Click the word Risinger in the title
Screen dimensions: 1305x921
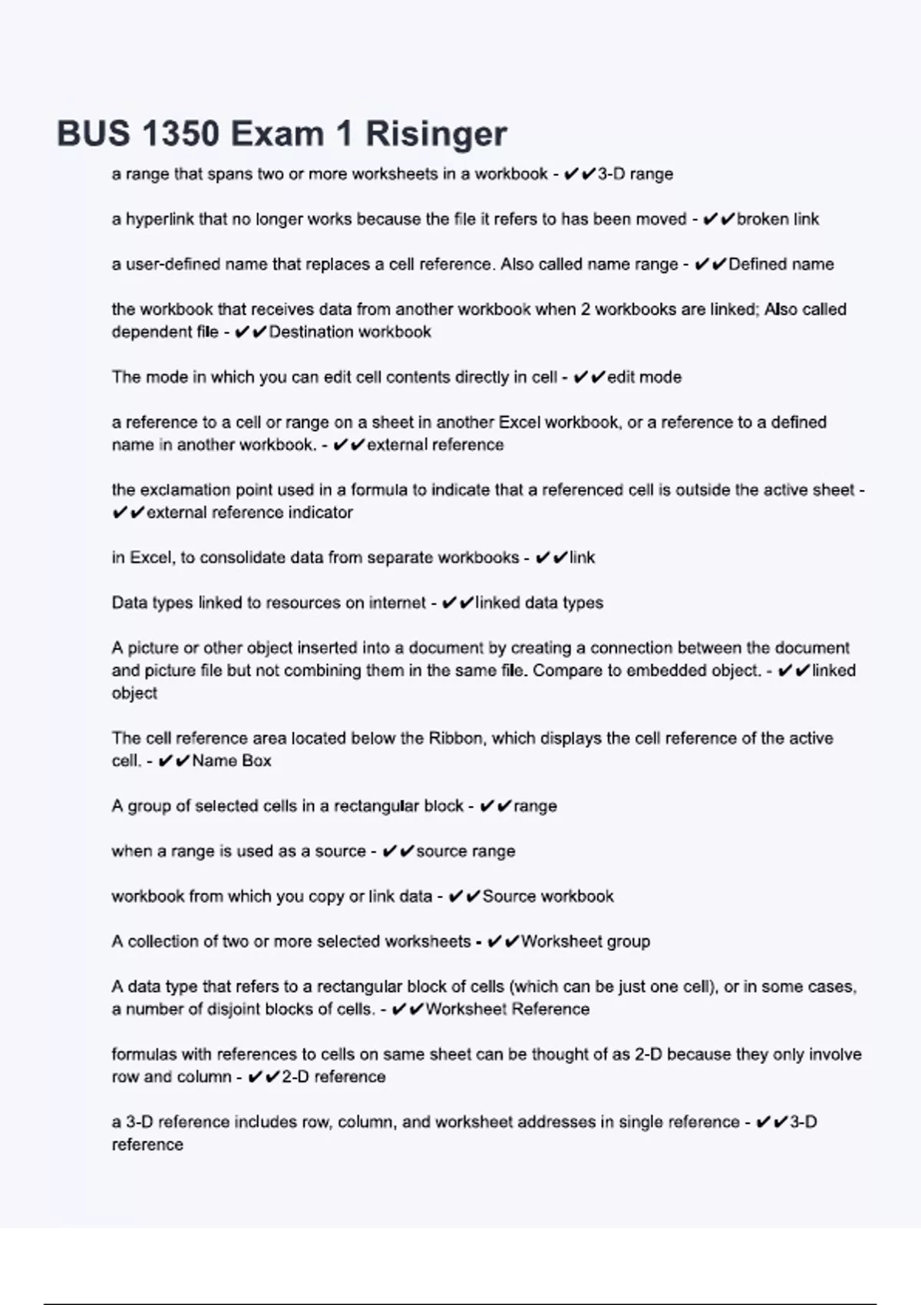[435, 134]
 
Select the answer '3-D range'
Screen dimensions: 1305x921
[635, 174]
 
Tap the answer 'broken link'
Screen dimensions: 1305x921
[777, 220]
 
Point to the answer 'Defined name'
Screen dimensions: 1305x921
[781, 265]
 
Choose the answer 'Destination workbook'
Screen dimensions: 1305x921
[349, 332]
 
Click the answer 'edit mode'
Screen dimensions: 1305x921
[644, 378]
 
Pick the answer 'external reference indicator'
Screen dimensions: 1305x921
[249, 513]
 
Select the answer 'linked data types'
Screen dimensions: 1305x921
[539, 603]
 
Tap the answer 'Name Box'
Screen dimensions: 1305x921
[231, 762]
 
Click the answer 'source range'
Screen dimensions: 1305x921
[465, 851]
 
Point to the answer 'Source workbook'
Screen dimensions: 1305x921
[547, 897]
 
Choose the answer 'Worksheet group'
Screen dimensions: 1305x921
[585, 942]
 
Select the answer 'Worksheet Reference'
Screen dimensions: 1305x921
[507, 1009]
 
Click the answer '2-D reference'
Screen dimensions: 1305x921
[333, 1077]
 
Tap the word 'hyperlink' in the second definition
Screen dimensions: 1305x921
[160, 220]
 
